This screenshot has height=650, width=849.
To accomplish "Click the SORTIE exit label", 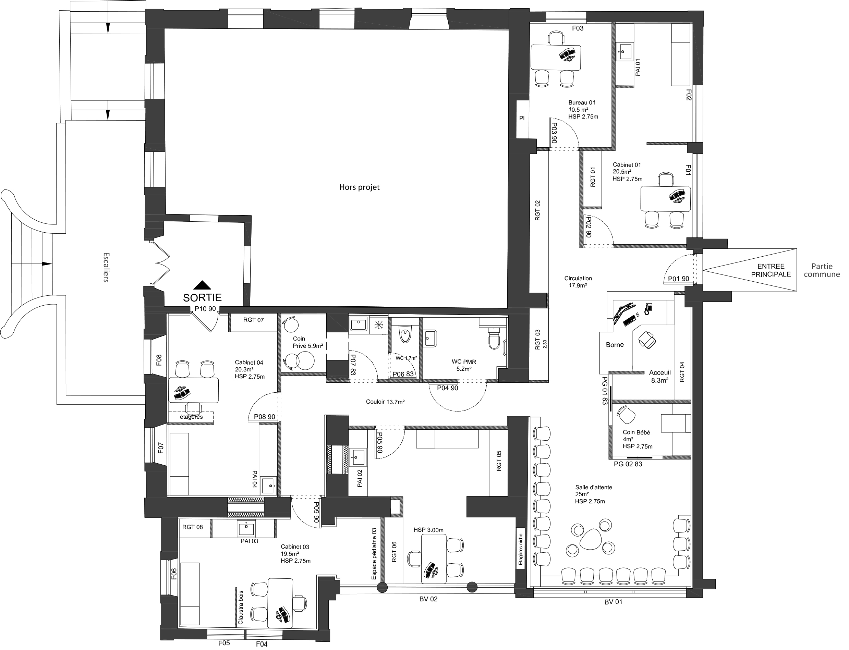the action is tap(202, 297).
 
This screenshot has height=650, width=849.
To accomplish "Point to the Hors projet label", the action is tap(360, 187).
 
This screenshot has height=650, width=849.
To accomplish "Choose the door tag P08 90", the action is tap(265, 417).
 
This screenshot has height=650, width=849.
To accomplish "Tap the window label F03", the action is tap(578, 28).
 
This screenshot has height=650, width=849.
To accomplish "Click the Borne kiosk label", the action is tap(615, 345).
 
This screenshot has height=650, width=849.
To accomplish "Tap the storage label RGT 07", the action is tap(253, 320).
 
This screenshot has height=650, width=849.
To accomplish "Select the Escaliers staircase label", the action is tap(106, 267).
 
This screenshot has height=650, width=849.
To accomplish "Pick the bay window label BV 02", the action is tap(428, 599).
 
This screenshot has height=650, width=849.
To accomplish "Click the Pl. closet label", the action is tap(522, 119).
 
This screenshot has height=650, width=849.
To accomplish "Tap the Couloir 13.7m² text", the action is tap(385, 402).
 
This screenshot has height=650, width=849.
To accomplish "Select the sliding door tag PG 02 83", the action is tap(628, 464).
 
